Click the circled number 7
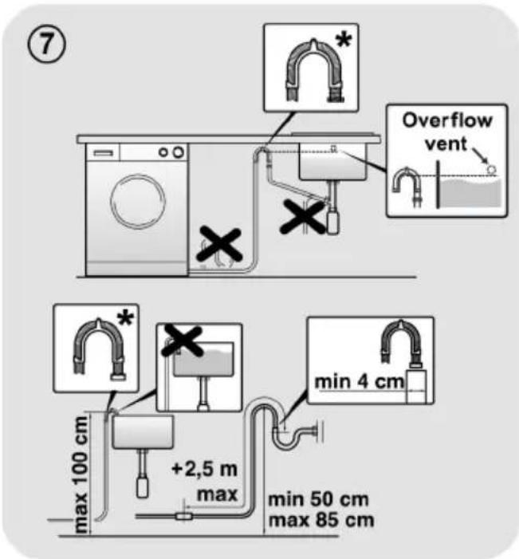(x=46, y=45)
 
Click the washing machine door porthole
(x=138, y=202)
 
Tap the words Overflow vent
(x=447, y=132)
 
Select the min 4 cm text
(x=359, y=382)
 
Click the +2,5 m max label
(x=206, y=482)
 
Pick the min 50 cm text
(x=318, y=499)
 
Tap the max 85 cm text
(x=321, y=520)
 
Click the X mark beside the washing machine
(x=219, y=245)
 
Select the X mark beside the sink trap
(x=303, y=216)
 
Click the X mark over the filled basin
(x=182, y=341)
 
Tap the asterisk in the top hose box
(x=344, y=41)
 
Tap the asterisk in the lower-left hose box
(x=126, y=318)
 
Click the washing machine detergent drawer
(x=104, y=153)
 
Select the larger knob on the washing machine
(x=179, y=152)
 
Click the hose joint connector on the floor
(x=184, y=516)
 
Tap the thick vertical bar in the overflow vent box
(x=438, y=184)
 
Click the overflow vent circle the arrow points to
(x=492, y=169)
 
